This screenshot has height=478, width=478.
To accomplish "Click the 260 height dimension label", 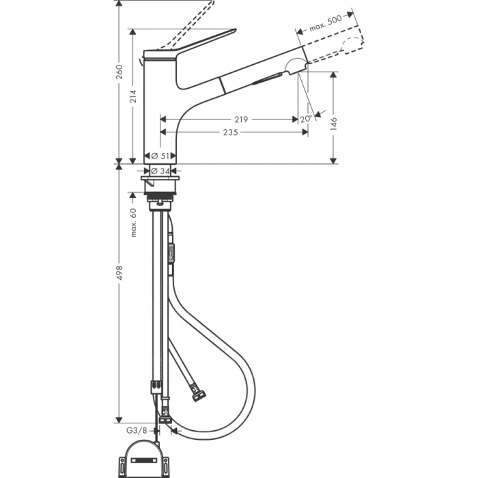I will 119,72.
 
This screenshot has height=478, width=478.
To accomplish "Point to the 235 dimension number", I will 229,132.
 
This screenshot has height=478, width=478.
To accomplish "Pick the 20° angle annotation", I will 305,119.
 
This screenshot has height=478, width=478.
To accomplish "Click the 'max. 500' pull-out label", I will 325,24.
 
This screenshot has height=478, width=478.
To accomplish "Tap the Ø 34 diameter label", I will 160,171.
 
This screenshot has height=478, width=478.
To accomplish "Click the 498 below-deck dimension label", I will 119,272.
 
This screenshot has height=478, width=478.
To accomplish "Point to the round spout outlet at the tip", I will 296,67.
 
